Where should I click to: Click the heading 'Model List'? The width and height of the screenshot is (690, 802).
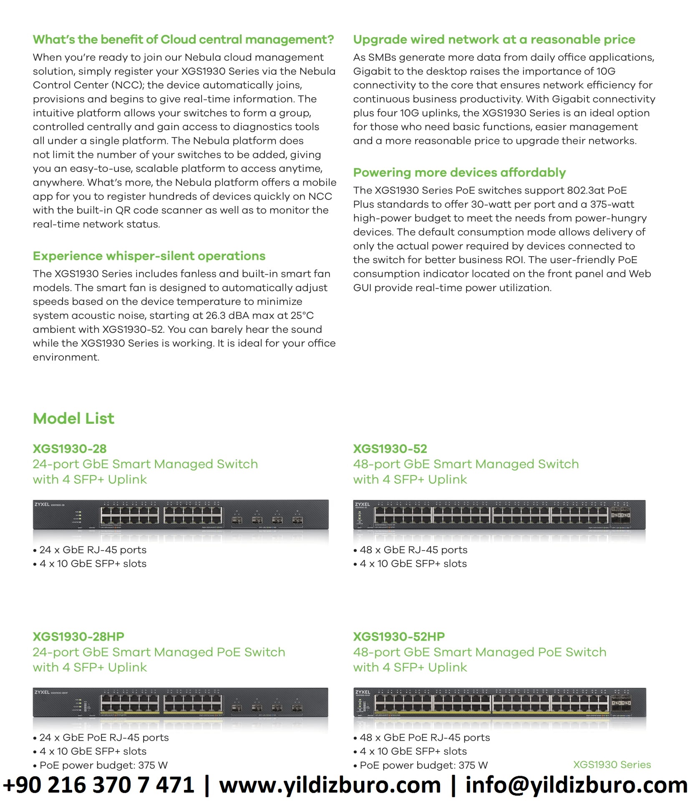tap(73, 418)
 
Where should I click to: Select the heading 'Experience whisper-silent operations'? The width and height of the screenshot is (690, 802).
tap(149, 256)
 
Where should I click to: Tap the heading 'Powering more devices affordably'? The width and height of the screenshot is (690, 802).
tap(459, 172)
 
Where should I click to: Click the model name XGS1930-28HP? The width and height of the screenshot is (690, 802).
tap(78, 636)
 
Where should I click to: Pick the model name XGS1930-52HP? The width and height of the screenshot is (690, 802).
tap(399, 636)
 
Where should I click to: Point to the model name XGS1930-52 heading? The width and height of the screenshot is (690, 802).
tap(390, 449)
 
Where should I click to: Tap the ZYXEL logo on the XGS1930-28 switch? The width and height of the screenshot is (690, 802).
tap(42, 505)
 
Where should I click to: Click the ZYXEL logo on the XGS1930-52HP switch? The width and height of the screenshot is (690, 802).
tap(363, 692)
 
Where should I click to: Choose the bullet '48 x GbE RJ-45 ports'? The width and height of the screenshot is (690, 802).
tap(413, 550)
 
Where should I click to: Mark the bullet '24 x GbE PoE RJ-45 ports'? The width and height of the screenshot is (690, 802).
tap(104, 737)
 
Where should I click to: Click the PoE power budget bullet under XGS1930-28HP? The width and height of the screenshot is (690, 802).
tap(103, 765)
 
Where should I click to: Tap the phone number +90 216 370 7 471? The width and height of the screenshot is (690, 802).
tap(99, 785)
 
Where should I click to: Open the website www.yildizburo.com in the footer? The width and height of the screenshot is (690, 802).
tap(330, 785)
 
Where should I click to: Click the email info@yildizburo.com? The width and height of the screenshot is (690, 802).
tap(576, 785)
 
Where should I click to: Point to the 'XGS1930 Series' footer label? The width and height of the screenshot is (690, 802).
tap(612, 764)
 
